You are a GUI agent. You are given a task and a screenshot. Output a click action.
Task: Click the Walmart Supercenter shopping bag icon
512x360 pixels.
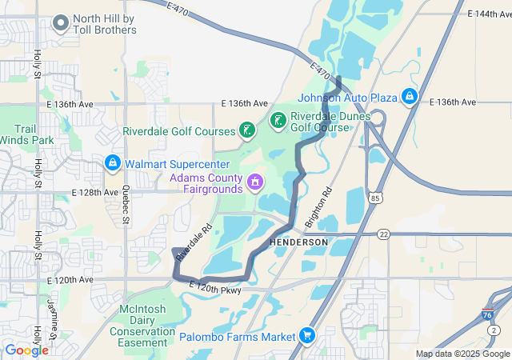tap(112, 164)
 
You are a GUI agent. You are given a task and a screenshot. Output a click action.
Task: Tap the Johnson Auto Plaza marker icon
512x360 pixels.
tap(409, 97)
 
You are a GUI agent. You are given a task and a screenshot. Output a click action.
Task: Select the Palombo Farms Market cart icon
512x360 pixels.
tap(306, 337)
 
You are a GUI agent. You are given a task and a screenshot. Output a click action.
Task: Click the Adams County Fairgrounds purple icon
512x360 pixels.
tap(254, 182)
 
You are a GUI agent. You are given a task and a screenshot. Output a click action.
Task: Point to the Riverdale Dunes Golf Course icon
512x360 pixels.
tap(278, 121)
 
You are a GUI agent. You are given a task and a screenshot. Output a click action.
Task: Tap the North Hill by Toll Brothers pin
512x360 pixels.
tap(61, 23)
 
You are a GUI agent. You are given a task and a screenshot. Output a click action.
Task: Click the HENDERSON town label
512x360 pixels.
tap(299, 242)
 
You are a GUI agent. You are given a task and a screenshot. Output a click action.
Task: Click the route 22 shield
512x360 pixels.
tap(385, 234)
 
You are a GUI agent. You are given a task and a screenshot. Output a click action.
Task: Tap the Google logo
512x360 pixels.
tap(26, 350)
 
